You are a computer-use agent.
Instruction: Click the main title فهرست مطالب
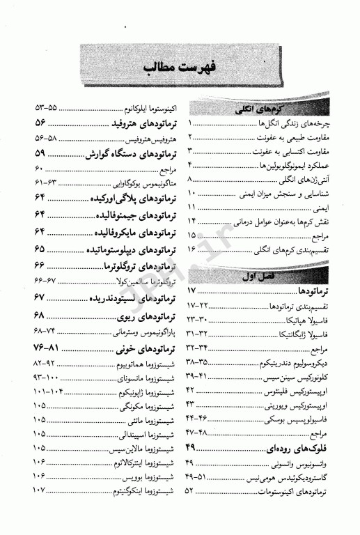pyautogui.click(x=180, y=68)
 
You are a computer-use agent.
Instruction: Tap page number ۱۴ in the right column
pyautogui.click(x=191, y=220)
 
